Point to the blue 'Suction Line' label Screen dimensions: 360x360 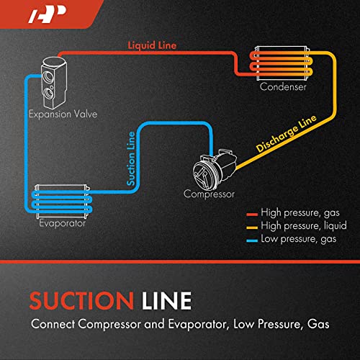click(131, 158)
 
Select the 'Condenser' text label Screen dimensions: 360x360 click(284, 87)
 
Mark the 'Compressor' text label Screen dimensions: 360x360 click(210, 194)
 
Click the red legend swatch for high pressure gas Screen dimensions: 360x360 click(252, 214)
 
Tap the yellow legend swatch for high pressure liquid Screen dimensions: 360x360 click(252, 225)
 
